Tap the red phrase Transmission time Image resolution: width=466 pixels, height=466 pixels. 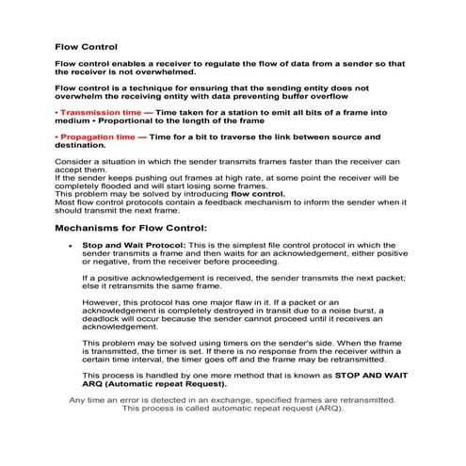click(102, 112)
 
